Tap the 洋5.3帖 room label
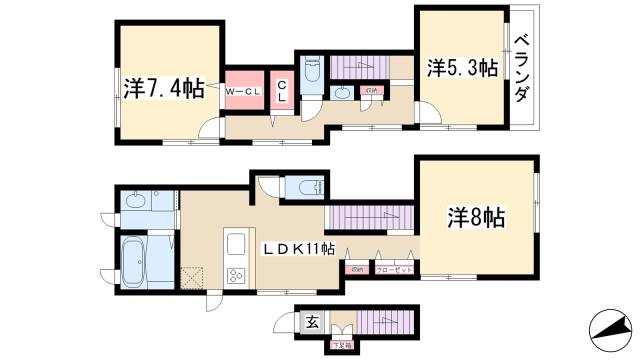coord(463,69)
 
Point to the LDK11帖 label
coord(298,249)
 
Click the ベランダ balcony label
coord(522,67)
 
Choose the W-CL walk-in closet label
coord(243,92)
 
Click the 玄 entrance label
coord(311,322)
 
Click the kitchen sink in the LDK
coord(237,245)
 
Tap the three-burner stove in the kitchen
coord(236,277)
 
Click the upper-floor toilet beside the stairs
coord(311,70)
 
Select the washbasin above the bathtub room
coord(139,202)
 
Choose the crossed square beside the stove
coord(193,277)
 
